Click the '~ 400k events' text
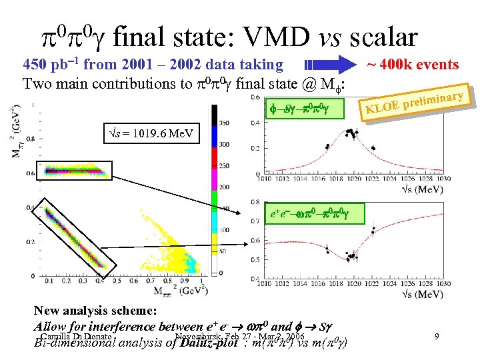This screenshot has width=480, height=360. [413, 65]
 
